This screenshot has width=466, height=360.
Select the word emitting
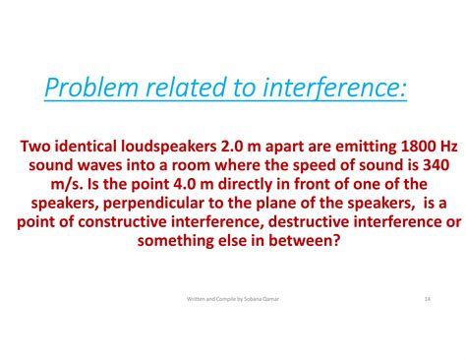340,147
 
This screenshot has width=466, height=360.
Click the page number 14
428,299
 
